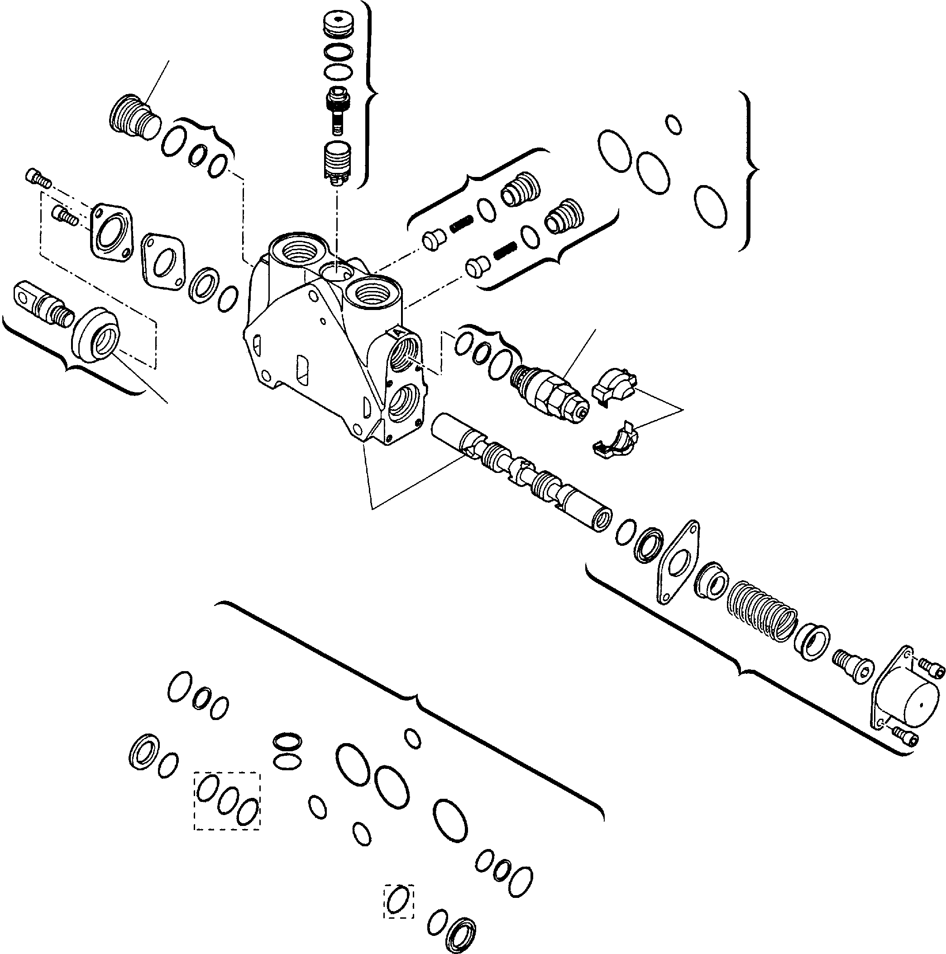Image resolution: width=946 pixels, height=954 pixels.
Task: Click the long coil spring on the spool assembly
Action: tap(762, 611)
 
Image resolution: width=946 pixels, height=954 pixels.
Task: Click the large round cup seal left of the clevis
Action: tap(97, 340)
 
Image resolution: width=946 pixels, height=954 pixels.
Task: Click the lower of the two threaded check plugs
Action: tap(563, 216)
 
